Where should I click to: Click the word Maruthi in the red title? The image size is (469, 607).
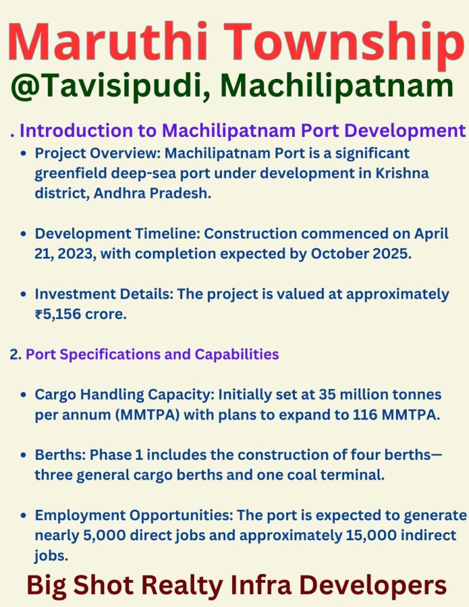[108, 41]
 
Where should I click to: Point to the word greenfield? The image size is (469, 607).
[71, 173]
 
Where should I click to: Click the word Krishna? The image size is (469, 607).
[402, 173]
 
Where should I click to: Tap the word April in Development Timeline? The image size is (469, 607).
[431, 234]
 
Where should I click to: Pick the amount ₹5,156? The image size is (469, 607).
[58, 314]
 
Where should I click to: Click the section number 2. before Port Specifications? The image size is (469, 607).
[16, 354]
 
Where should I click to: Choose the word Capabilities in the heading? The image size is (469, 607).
[237, 355]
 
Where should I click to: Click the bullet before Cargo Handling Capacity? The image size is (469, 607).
[24, 395]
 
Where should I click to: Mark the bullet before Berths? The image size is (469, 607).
[24, 455]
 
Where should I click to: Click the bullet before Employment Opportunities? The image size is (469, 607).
[24, 516]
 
